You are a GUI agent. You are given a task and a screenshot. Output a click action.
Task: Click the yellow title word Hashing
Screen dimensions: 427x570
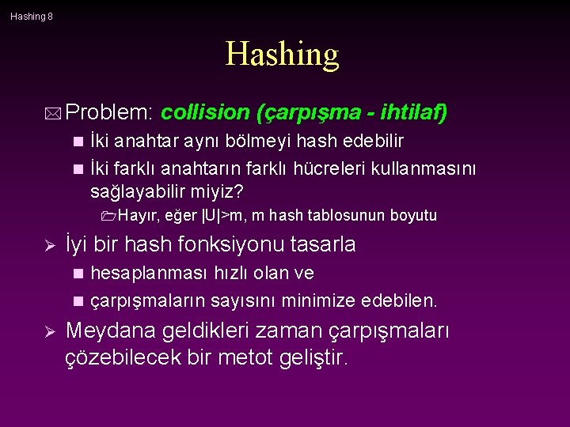(x=283, y=55)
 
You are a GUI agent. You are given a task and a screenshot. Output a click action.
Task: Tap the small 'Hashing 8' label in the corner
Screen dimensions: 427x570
(x=32, y=16)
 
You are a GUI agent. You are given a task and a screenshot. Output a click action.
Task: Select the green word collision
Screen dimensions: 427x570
(x=205, y=113)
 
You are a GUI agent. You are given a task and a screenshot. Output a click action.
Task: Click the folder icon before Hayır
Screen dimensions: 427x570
(x=109, y=216)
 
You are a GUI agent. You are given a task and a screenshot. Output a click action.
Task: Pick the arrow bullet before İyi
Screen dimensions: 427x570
(x=47, y=245)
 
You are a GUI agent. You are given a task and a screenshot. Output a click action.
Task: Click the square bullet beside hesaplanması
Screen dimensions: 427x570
(x=78, y=274)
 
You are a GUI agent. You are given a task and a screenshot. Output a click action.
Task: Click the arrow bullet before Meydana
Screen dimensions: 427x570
(x=47, y=331)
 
